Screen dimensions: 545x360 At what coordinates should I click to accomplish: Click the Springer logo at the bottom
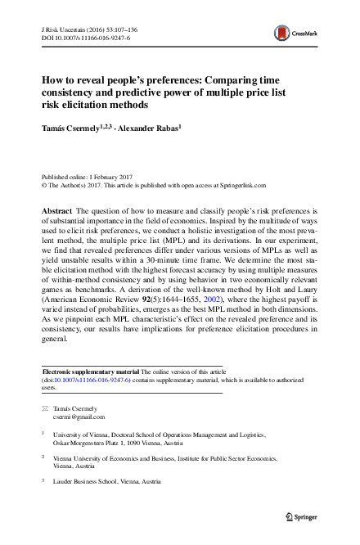pos(299,517)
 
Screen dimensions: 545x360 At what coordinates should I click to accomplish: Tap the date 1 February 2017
pos(105,177)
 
